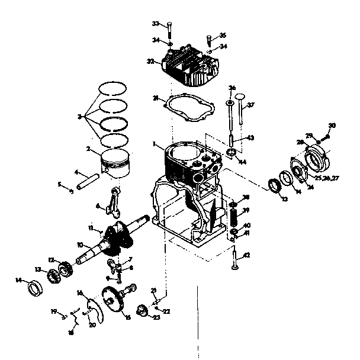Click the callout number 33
point(155,24)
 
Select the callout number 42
point(247,255)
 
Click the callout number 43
point(250,138)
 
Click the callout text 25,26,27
point(327,178)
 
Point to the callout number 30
point(332,125)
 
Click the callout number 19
point(53,311)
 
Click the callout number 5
point(59,185)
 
